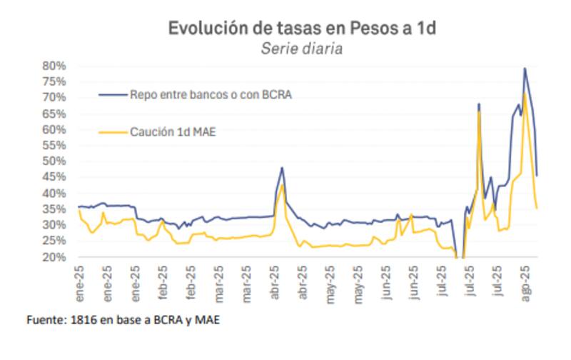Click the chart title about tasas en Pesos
tap(301, 29)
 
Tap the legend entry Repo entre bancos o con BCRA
tap(211, 94)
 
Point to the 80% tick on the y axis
tap(55, 66)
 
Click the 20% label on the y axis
tap(55, 257)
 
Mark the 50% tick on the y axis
tap(55, 161)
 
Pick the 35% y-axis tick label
tap(55, 209)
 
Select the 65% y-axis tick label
tap(55, 114)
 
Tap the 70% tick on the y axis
tap(55, 98)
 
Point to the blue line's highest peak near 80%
tap(525, 69)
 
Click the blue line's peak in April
tap(283, 168)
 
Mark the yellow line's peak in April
tap(283, 185)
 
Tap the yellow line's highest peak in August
tap(525, 93)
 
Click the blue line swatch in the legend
tap(112, 94)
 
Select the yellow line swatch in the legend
tap(112, 131)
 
